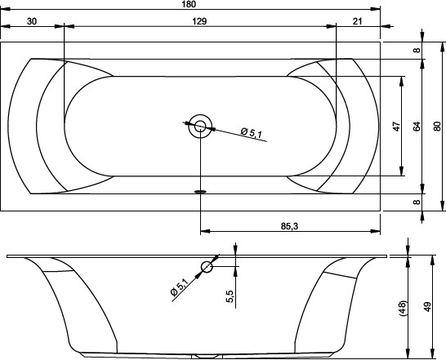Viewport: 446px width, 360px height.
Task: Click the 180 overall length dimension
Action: [x=189, y=4]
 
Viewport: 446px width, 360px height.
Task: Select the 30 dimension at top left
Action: [x=32, y=21]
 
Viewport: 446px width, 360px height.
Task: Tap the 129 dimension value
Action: [x=199, y=21]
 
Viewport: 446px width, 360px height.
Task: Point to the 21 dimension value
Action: [x=357, y=21]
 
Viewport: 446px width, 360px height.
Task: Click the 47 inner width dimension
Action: [x=396, y=127]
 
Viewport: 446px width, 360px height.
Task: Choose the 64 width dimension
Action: [x=416, y=127]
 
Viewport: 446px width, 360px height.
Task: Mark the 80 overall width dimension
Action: [x=437, y=127]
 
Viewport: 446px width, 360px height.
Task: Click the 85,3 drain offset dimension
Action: [x=289, y=226]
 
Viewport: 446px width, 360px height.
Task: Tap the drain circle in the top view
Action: [x=200, y=126]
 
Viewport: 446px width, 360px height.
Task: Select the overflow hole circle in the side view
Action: [x=207, y=267]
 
